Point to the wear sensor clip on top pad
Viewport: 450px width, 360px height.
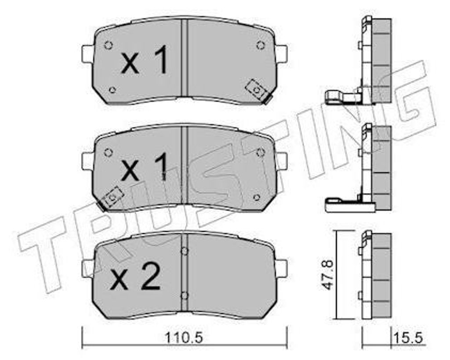pyautogui.click(x=257, y=90)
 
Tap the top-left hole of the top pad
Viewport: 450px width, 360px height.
pyautogui.click(x=109, y=45)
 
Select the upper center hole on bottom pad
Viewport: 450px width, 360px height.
pyautogui.click(x=185, y=251)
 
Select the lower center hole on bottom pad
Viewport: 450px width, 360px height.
pyautogui.click(x=185, y=295)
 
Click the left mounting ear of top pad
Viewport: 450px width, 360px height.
pyautogui.click(x=87, y=54)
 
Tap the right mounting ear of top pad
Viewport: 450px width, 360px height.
pyautogui.click(x=281, y=54)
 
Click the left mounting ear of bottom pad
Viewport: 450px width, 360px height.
pyautogui.click(x=87, y=268)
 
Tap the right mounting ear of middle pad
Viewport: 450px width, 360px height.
pyautogui.click(x=281, y=161)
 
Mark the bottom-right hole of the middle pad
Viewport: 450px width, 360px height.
pyautogui.click(x=257, y=197)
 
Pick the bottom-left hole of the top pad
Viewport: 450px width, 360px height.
pyautogui.click(x=112, y=90)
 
